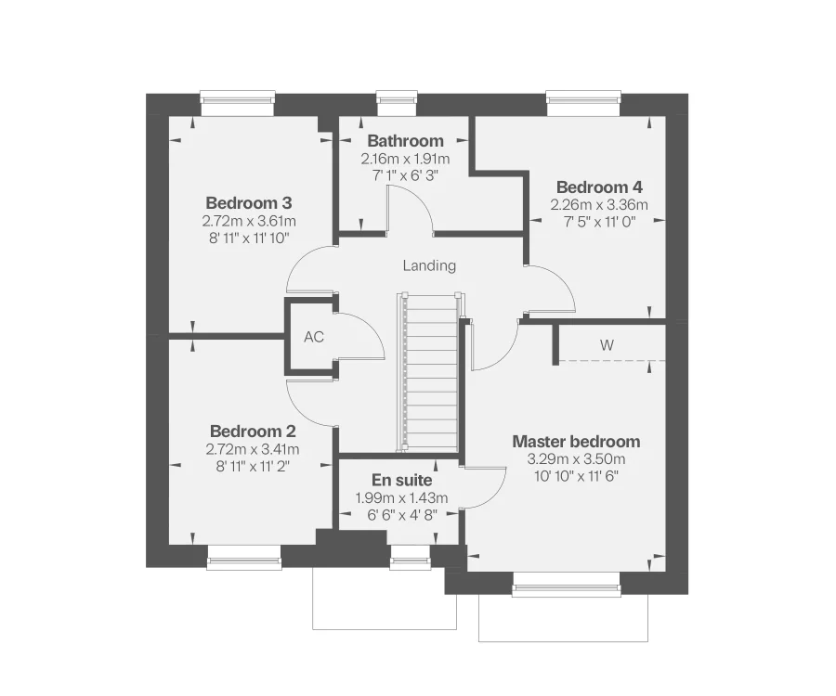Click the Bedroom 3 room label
click(248, 202)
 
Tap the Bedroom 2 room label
click(253, 432)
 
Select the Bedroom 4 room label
click(598, 187)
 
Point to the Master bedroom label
click(576, 441)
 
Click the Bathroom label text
click(405, 141)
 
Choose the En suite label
click(401, 481)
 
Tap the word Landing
click(429, 265)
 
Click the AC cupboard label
click(314, 337)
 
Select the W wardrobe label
click(607, 345)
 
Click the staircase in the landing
click(430, 371)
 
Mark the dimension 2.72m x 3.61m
click(248, 221)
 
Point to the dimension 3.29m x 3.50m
click(576, 459)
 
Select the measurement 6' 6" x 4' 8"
click(401, 514)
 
